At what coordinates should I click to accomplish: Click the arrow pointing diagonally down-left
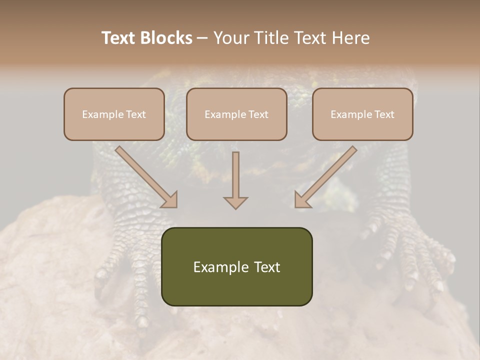click(325, 176)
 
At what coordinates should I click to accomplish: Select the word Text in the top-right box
click(384, 114)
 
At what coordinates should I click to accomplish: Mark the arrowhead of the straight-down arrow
click(235, 202)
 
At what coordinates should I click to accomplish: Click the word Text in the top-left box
click(135, 114)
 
